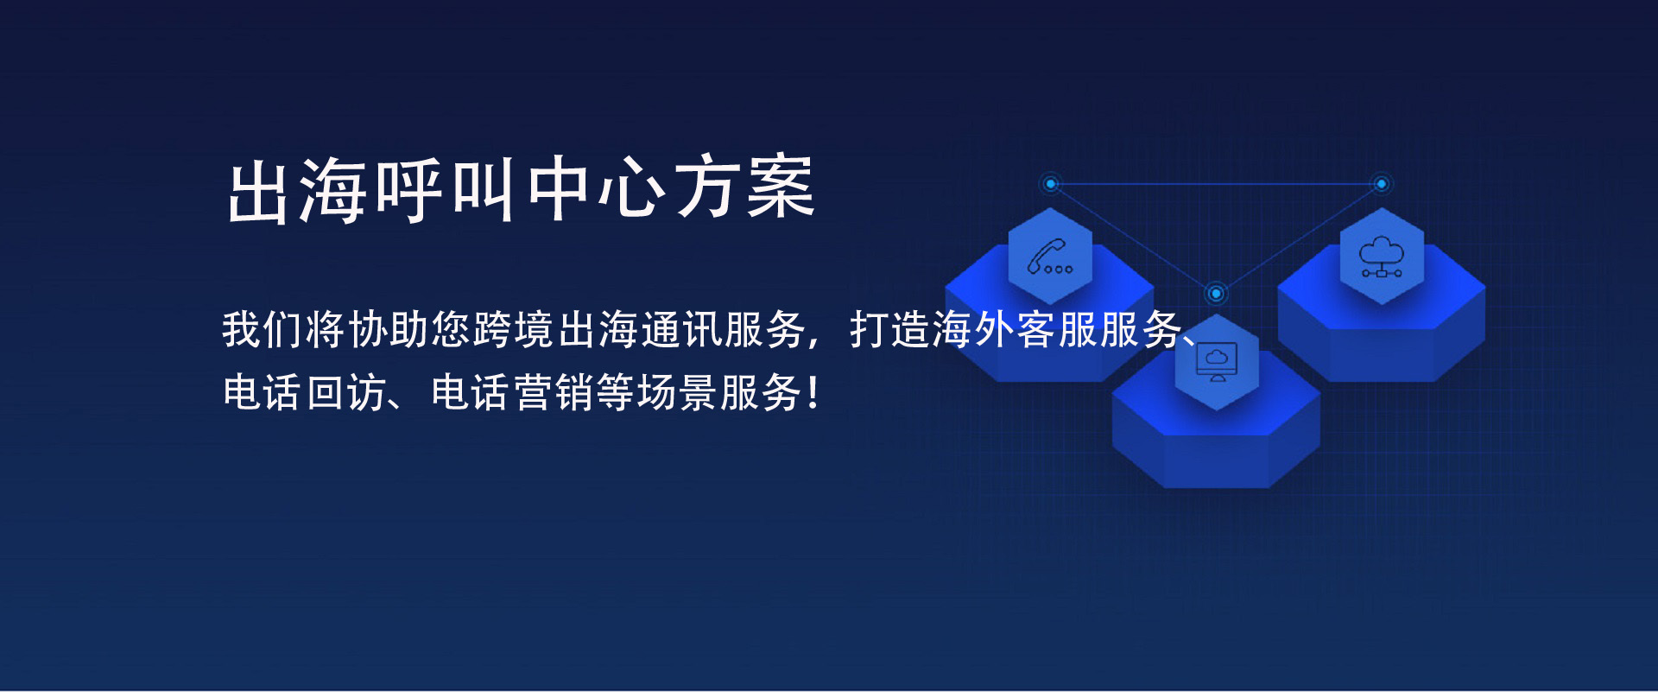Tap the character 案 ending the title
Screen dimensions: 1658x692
[x=782, y=187]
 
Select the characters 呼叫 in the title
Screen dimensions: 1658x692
[x=446, y=189]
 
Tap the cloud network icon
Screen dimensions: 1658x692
[x=1382, y=257]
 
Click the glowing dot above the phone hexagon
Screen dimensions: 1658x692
[x=1050, y=184]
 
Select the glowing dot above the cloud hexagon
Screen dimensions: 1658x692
[x=1381, y=184]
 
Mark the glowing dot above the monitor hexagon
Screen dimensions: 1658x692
[x=1216, y=294]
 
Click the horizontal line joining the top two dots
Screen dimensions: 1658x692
[x=1216, y=184]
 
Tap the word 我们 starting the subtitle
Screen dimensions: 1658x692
[x=262, y=329]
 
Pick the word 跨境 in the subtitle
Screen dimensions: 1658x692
[x=513, y=329]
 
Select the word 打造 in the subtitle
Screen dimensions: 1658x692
[x=889, y=329]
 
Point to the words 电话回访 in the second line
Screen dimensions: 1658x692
[x=304, y=392]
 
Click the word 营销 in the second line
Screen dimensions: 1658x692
[x=554, y=392]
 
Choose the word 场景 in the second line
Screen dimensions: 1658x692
[x=680, y=392]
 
